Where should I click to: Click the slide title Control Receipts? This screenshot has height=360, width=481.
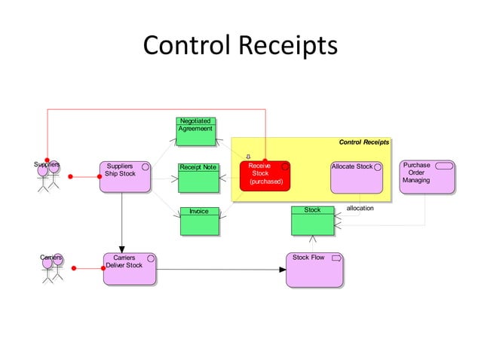point(240,45)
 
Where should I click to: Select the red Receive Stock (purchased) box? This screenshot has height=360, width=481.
point(265,176)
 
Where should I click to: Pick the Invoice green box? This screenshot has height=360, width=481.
point(199,221)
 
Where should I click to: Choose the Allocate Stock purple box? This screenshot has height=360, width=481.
point(357,177)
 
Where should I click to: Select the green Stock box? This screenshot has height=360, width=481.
point(312,221)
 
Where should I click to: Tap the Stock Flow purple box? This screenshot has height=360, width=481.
point(314,270)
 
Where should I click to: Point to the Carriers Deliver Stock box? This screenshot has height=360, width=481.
point(130,269)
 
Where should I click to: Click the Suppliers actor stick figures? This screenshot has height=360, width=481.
point(48,176)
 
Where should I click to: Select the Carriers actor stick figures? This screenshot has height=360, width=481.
point(51,269)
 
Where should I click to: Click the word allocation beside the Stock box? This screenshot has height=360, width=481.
point(360,208)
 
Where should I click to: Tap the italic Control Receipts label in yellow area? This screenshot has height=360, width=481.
point(363,142)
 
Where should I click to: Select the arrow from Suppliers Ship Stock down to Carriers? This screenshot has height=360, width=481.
point(122,222)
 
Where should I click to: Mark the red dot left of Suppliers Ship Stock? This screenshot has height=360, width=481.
point(70,177)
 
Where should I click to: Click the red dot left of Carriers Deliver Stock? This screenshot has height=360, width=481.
point(74,268)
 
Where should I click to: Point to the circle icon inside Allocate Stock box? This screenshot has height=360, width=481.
point(378,166)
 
